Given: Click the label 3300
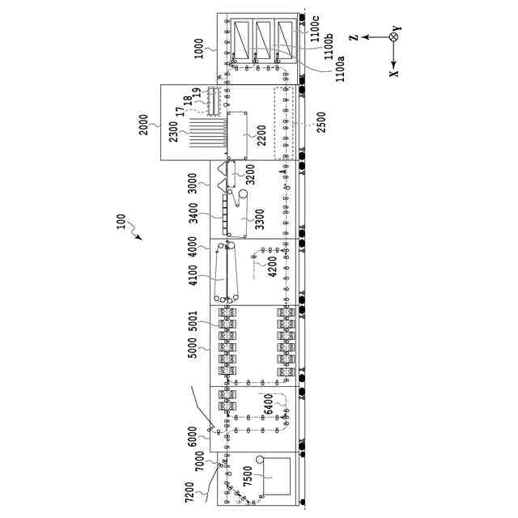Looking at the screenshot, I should (260, 221).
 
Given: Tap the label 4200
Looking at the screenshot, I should (273, 266).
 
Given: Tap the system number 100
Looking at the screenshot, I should (121, 223).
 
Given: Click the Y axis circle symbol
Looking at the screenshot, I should (394, 36).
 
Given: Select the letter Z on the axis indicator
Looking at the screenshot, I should (354, 36).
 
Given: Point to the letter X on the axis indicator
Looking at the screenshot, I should (394, 72).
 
